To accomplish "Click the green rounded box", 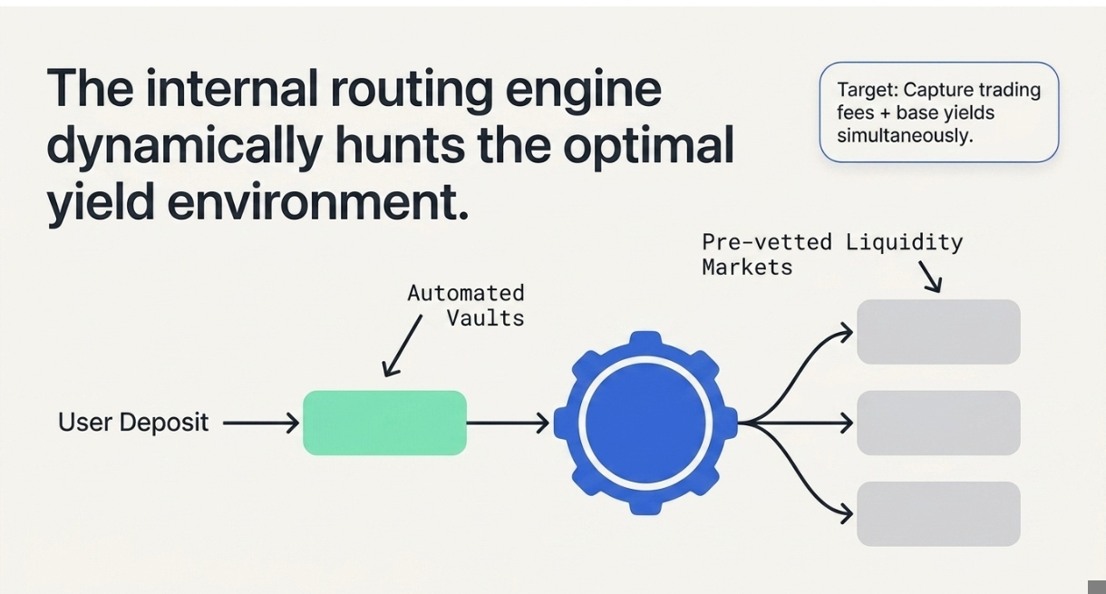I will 384,423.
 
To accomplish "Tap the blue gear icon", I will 645,423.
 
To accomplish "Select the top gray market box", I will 938,332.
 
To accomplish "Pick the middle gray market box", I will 938,423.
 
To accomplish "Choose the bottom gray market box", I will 938,513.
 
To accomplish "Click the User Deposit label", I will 133,423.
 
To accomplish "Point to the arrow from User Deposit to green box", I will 261,423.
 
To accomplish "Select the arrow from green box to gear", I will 508,423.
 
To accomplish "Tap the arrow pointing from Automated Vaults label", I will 403,346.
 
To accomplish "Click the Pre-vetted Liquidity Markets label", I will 831,255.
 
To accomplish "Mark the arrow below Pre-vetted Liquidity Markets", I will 930,277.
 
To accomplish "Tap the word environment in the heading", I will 317,201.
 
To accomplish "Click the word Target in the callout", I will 866,90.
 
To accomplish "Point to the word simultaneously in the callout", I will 904,135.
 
